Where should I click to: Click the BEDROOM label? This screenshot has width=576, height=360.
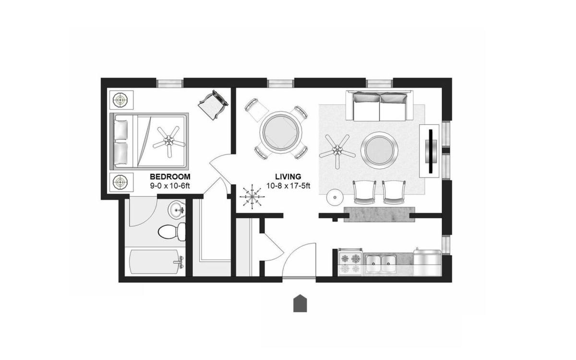(170, 177)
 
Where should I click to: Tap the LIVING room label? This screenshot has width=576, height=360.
(288, 177)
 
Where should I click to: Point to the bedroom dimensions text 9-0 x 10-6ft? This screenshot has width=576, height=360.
(170, 186)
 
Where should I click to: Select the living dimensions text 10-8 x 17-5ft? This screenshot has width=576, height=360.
(288, 186)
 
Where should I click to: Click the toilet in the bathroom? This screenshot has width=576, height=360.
(172, 232)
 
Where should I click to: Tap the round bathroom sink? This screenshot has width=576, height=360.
(176, 210)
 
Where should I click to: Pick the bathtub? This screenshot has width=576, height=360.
(157, 262)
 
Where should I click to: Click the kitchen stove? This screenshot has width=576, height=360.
(350, 262)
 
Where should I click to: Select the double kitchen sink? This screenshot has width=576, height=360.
(380, 264)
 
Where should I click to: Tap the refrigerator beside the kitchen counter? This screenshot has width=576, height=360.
(427, 263)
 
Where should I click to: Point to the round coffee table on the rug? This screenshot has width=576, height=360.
(380, 150)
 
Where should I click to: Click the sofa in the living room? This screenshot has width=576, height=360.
(380, 106)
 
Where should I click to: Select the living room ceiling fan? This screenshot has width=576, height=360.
(337, 151)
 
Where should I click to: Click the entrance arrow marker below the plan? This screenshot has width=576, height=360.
(300, 303)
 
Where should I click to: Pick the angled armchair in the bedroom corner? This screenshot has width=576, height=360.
(213, 105)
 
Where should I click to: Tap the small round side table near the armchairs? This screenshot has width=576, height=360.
(335, 197)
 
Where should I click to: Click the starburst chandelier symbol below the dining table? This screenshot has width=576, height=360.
(252, 197)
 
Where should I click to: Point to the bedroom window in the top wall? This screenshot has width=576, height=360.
(170, 84)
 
